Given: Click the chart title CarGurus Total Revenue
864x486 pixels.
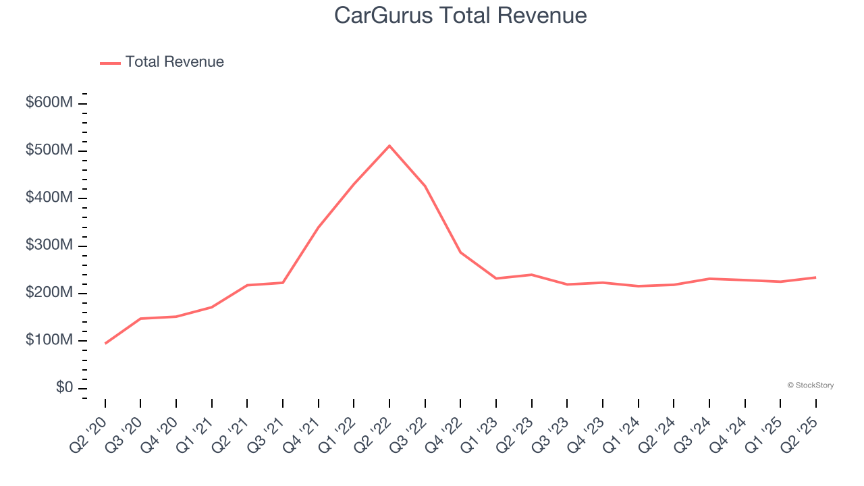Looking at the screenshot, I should click(x=460, y=16).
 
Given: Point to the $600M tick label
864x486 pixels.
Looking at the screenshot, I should click(x=49, y=103).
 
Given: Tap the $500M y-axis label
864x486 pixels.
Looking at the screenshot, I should click(x=49, y=151).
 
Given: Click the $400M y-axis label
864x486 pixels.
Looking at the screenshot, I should click(x=49, y=198).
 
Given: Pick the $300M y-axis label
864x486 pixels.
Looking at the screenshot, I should click(x=49, y=246).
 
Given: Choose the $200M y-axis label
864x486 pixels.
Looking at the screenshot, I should click(x=49, y=293).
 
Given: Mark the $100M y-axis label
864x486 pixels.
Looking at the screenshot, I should click(x=49, y=340).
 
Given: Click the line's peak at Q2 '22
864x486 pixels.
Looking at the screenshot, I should click(x=389, y=146).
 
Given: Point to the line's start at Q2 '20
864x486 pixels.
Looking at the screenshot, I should click(x=105, y=344).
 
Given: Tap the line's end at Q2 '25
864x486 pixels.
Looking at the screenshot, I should click(x=816, y=277).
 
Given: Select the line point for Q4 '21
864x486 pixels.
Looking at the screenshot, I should click(x=319, y=227).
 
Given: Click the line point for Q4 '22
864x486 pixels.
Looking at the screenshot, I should click(x=460, y=252).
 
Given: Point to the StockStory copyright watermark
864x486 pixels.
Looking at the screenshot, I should click(x=810, y=385).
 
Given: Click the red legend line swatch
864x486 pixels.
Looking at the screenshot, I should click(x=110, y=63).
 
